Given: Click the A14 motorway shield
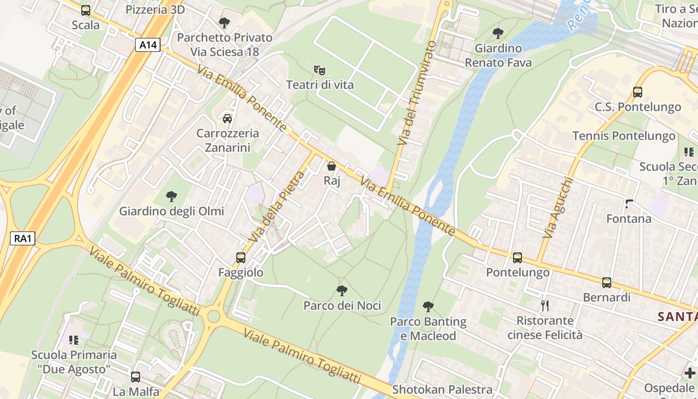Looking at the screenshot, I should (x=148, y=45).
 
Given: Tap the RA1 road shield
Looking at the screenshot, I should (x=23, y=239).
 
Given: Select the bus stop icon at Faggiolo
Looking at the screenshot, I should (x=241, y=258).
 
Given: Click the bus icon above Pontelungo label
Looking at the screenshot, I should (x=518, y=258).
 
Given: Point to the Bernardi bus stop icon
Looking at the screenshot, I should (x=607, y=283).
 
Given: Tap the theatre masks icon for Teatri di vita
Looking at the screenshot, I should (x=320, y=70).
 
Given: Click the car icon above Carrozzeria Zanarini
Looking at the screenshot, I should (x=227, y=119).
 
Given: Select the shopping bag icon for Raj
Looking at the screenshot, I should (x=332, y=166).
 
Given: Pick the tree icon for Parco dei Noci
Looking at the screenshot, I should (x=342, y=291).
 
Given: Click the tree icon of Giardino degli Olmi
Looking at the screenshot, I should (x=172, y=197).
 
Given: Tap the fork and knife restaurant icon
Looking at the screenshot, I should (x=544, y=306).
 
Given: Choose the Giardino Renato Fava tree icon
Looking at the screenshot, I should (x=498, y=33).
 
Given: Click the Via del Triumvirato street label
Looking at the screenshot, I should (x=416, y=94).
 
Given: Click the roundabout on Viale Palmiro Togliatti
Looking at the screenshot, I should (x=214, y=316).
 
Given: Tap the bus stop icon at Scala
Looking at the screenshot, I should (x=86, y=10).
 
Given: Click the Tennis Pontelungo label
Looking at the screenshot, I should (x=624, y=136).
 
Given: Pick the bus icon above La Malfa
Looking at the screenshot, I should (x=136, y=377).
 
